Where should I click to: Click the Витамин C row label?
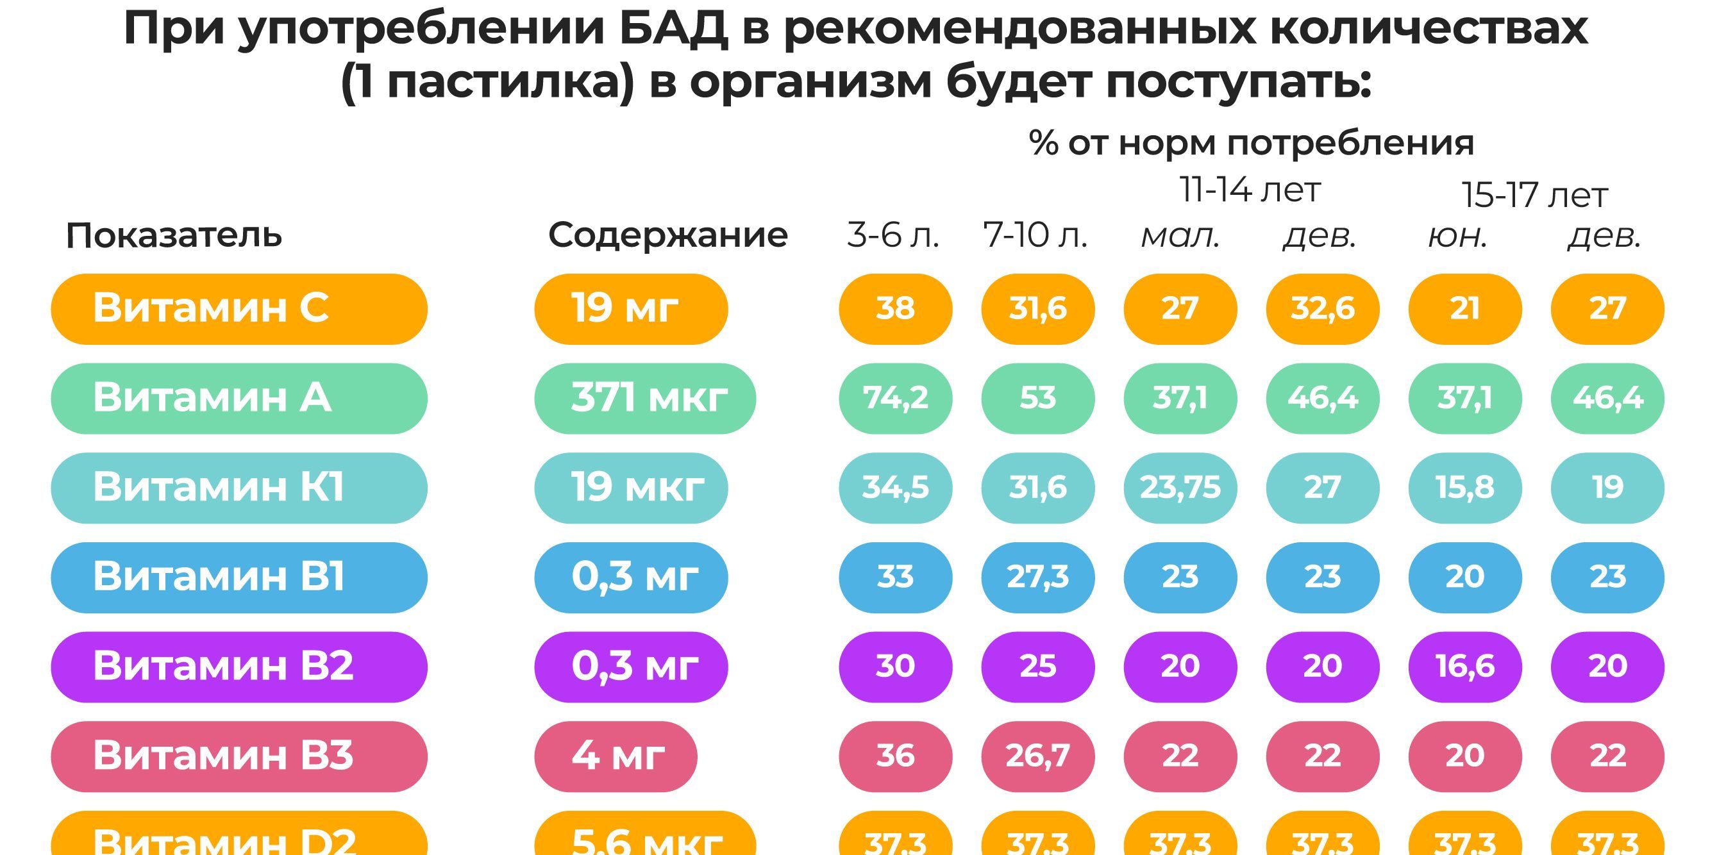coord(239,309)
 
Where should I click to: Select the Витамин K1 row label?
coord(239,488)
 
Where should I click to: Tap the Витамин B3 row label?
coord(239,756)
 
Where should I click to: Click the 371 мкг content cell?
coord(644,398)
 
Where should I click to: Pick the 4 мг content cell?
coord(616,756)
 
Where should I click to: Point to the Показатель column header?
coord(174,235)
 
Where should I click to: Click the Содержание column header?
coord(668,235)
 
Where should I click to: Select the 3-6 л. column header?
coord(894,235)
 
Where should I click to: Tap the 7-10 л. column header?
coord(1035,235)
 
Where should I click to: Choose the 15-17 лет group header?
coord(1535,195)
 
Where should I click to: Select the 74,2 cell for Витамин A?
coord(896,398)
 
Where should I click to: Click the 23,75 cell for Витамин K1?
coord(1180,488)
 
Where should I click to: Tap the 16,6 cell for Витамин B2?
coord(1465,667)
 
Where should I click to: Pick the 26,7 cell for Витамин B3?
coord(1037,756)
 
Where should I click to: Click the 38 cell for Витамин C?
coord(896,309)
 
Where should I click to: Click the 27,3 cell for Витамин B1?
coord(1037,577)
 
